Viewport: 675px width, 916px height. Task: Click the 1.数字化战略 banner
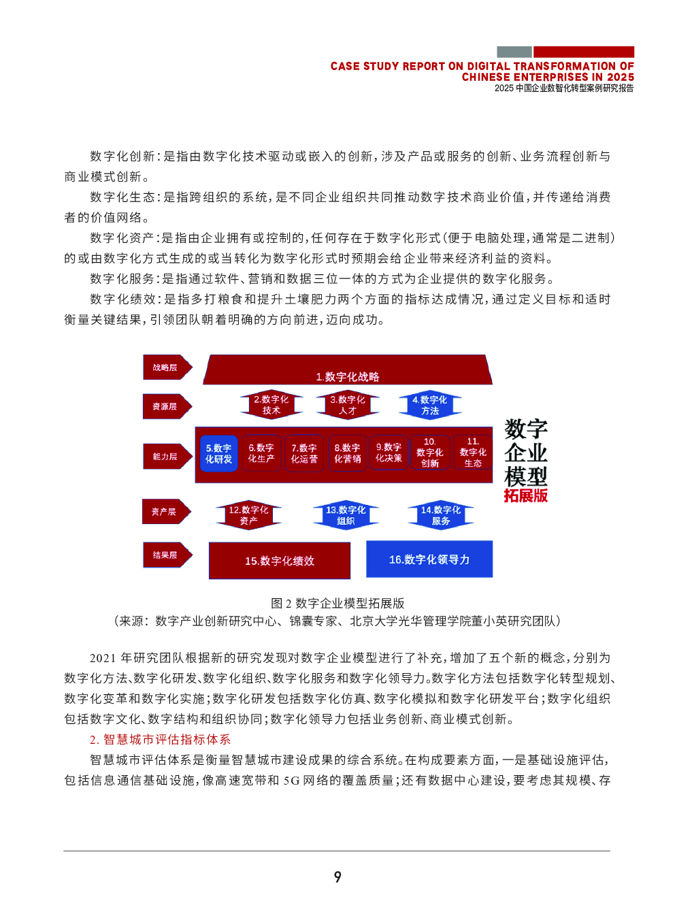tap(348, 370)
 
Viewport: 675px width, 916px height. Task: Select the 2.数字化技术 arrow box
tap(271, 404)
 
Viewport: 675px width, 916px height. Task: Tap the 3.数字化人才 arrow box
tap(348, 404)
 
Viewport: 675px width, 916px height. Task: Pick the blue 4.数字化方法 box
tap(429, 404)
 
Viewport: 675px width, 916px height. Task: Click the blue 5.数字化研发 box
tap(218, 453)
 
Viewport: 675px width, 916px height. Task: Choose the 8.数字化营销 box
tap(347, 453)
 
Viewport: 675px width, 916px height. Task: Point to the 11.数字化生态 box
tap(473, 453)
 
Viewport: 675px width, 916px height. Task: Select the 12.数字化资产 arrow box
tap(248, 515)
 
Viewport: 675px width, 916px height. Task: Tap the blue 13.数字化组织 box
tap(346, 515)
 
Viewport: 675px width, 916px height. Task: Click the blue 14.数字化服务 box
tap(440, 515)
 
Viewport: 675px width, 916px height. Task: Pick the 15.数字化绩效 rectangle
tap(280, 560)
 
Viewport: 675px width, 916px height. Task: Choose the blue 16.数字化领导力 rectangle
tap(429, 559)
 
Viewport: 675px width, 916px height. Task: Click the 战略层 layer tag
tap(167, 367)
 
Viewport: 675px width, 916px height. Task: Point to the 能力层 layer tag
tap(167, 457)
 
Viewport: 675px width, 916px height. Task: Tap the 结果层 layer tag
tap(167, 555)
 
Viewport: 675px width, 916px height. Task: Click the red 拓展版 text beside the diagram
tap(525, 495)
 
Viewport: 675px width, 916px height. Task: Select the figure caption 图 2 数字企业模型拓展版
tap(337, 603)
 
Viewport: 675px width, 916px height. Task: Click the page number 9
tap(337, 877)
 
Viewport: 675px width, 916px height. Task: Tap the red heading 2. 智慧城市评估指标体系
tap(161, 739)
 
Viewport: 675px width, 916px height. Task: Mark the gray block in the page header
tap(514, 52)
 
